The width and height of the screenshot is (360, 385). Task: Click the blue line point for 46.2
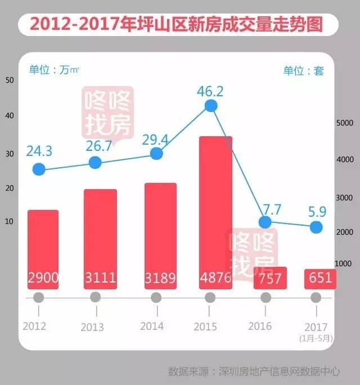pos(210,106)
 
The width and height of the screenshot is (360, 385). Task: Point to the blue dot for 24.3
pos(38,169)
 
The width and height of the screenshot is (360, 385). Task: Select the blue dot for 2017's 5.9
pos(316,227)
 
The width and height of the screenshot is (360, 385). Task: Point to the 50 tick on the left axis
pos(10,80)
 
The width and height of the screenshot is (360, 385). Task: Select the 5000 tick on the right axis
pos(344,123)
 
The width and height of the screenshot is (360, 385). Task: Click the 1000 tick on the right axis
pos(344,263)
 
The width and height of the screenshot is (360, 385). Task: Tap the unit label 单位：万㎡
pos(54,70)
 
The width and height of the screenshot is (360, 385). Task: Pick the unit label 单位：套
pos(304,71)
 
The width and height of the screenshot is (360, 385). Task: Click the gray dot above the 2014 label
pos(156,297)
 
